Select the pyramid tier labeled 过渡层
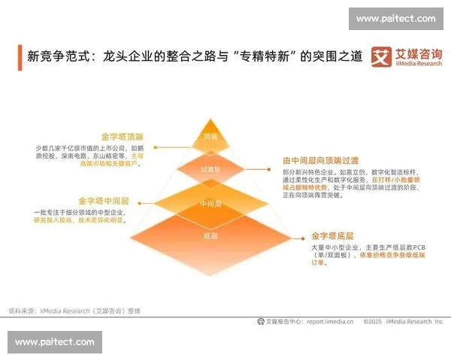pyautogui.click(x=210, y=170)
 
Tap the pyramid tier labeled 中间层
pyautogui.click(x=210, y=204)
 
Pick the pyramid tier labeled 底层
pyautogui.click(x=210, y=236)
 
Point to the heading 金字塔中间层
pyautogui.click(x=104, y=202)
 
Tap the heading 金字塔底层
pyautogui.click(x=335, y=235)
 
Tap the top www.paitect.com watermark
pyautogui.click(x=395, y=19)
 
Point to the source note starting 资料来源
pyautogui.click(x=74, y=310)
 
